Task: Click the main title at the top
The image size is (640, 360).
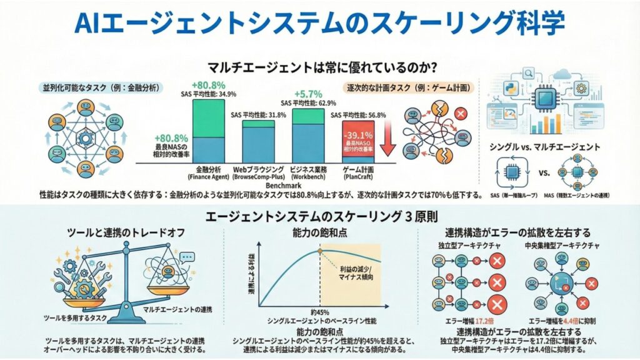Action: [x=319, y=24]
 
